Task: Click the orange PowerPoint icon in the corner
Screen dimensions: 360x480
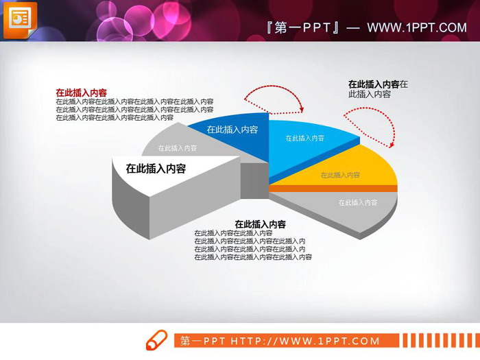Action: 20,20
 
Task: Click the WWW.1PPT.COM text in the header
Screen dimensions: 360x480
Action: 416,27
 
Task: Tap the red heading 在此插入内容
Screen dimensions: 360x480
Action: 81,93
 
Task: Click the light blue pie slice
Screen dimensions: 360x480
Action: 309,144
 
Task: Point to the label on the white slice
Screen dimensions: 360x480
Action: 156,168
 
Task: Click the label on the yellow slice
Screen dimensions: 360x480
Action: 340,176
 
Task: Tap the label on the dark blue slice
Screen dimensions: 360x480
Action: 232,130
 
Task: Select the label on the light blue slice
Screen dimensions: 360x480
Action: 305,139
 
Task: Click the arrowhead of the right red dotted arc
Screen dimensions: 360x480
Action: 393,143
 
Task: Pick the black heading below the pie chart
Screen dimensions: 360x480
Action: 260,224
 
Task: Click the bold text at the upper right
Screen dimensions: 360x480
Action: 374,84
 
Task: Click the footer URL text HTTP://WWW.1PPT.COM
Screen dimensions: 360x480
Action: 304,341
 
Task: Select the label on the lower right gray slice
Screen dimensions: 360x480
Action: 357,203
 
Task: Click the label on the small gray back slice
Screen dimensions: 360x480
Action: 178,147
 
